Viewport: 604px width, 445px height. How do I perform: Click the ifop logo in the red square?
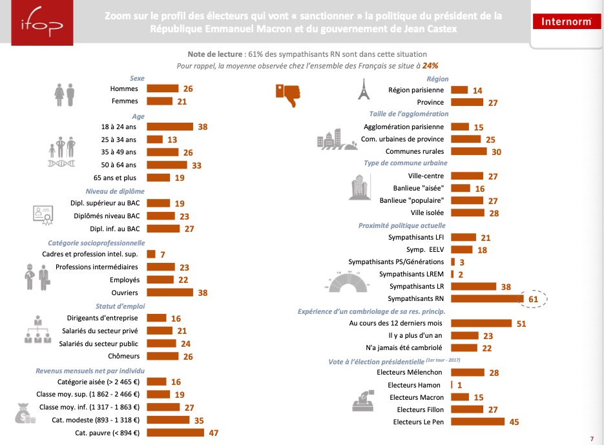coord(42,23)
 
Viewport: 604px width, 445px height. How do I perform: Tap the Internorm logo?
coord(567,21)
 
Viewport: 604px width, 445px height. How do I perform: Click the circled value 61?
coord(533,299)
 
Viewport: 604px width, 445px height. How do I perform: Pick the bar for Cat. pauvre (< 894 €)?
coord(175,433)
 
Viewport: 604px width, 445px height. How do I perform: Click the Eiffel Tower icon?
coord(363,89)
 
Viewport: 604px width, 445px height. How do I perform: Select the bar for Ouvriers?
coord(170,293)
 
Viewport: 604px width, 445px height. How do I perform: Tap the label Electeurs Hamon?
coord(413,385)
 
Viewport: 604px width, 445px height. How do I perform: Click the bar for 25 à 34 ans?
coord(154,140)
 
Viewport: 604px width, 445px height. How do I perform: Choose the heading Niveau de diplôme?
coord(115,191)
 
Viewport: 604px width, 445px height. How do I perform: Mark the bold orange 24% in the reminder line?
coord(430,65)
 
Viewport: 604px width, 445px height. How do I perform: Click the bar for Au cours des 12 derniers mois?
coord(481,323)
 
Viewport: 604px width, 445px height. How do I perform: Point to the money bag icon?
coord(25,413)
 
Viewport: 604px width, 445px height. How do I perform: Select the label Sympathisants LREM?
coord(411,274)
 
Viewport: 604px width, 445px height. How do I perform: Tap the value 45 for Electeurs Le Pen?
coord(514,422)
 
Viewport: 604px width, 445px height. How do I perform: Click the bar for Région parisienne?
coord(459,90)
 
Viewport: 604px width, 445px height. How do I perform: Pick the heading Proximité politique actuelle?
coord(402,225)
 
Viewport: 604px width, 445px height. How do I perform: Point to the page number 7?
coord(592,439)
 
